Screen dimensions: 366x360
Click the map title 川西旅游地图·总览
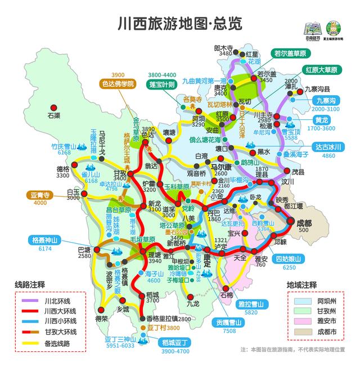point(179,24)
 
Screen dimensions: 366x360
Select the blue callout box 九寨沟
point(324,100)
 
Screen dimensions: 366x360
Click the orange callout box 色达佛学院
point(118,84)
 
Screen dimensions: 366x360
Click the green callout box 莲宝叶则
point(163,84)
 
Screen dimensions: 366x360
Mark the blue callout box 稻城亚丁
point(176,342)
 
